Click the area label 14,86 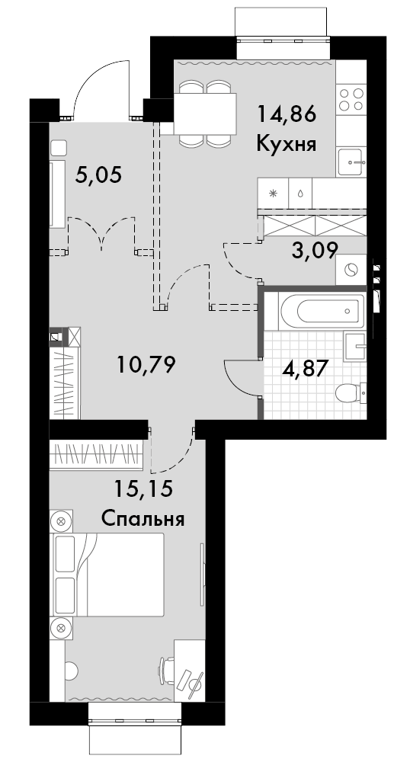[x=286, y=115]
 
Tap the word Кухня [x=286, y=143]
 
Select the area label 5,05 [x=99, y=176]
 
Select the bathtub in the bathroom [x=319, y=311]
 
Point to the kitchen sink [x=352, y=160]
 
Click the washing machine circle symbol [x=352, y=271]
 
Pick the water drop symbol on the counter [x=301, y=194]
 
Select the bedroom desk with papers [x=187, y=671]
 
